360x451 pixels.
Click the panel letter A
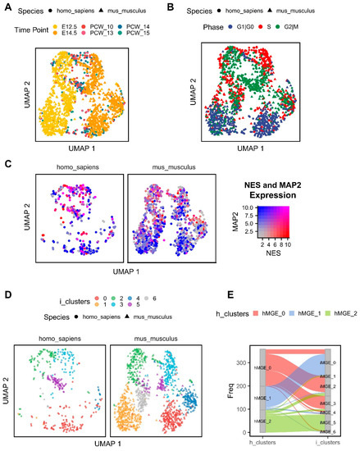(x=7, y=8)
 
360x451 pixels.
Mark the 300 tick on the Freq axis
(x=219, y=338)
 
